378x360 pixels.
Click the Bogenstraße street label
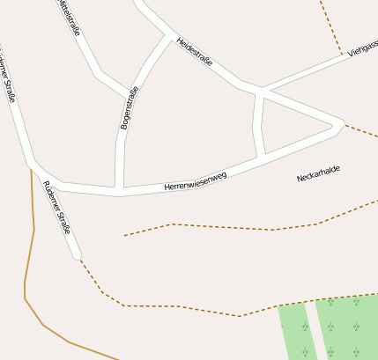tap(130, 108)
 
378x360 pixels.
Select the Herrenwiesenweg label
tap(196, 181)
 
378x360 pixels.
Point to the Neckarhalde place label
tap(318, 173)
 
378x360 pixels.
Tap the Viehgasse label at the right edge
tap(362, 48)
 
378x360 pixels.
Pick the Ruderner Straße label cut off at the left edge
tap(7, 79)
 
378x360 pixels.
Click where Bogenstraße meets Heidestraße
tap(168, 36)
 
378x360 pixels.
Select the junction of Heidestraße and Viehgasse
tap(262, 90)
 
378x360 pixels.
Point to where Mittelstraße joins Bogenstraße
tap(129, 92)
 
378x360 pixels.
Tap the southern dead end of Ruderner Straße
tap(77, 256)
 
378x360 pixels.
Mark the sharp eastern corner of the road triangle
tap(341, 122)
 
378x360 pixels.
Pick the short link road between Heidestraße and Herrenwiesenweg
tap(258, 124)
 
